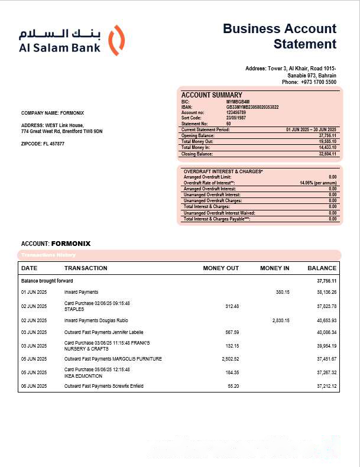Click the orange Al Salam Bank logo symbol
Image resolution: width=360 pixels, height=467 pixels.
coord(118,40)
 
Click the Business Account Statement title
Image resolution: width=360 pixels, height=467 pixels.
coord(280,36)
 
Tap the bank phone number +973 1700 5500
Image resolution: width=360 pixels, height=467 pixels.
coord(318,82)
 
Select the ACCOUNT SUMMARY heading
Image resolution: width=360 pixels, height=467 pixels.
coord(211,95)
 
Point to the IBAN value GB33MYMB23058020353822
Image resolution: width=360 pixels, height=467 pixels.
coord(252,107)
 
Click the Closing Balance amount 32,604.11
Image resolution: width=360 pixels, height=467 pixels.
coord(327,154)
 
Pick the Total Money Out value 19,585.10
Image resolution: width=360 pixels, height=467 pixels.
coord(327,142)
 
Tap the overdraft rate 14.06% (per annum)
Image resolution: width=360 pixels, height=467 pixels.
coord(318,183)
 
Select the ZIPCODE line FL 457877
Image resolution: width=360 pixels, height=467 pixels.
coord(43,144)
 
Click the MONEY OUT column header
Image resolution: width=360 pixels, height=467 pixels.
coord(220,268)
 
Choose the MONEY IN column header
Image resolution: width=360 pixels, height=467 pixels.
coord(274,268)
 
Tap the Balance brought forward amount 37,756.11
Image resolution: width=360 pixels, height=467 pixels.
coord(326,281)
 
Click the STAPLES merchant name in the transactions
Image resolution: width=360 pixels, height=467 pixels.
coord(74,309)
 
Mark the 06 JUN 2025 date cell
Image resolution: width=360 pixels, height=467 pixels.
coord(34,386)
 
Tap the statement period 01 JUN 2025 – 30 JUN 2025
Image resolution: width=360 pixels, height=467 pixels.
coord(310,129)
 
